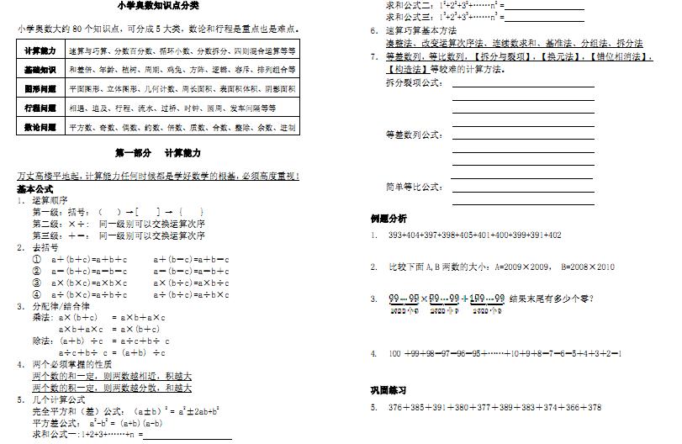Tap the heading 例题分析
click(x=389, y=219)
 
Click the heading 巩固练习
click(x=389, y=390)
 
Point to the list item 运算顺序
click(x=50, y=201)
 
